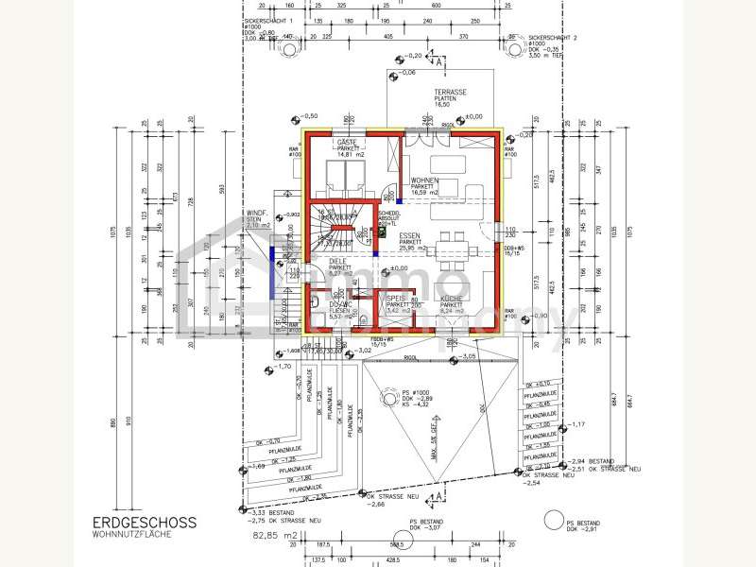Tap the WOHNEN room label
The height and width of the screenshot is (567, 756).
pos(424,180)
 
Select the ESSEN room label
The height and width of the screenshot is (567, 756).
pos(409,236)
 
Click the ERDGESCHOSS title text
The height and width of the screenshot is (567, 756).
pos(144,522)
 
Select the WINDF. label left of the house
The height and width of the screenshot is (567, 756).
pos(257,215)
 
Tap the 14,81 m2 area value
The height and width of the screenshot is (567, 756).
pos(349,154)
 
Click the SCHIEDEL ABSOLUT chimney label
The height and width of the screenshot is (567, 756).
pos(389,217)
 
